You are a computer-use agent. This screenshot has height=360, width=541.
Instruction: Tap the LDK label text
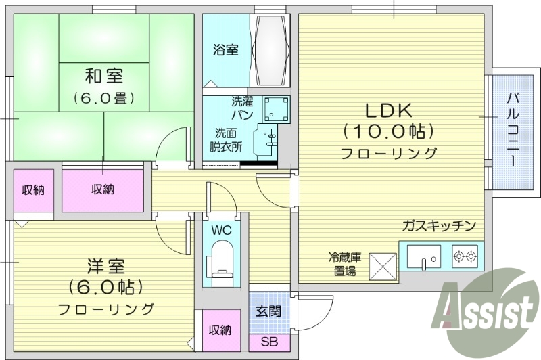click(388, 110)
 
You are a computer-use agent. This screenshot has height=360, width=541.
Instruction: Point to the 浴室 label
click(225, 50)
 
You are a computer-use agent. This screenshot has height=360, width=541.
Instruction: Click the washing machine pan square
click(276, 108)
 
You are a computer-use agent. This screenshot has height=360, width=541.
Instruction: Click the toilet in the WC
click(221, 260)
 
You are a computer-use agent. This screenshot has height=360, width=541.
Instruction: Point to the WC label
click(221, 230)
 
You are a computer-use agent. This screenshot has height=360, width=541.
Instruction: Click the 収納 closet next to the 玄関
click(220, 330)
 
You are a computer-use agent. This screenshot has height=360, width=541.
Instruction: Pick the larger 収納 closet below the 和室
click(103, 190)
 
